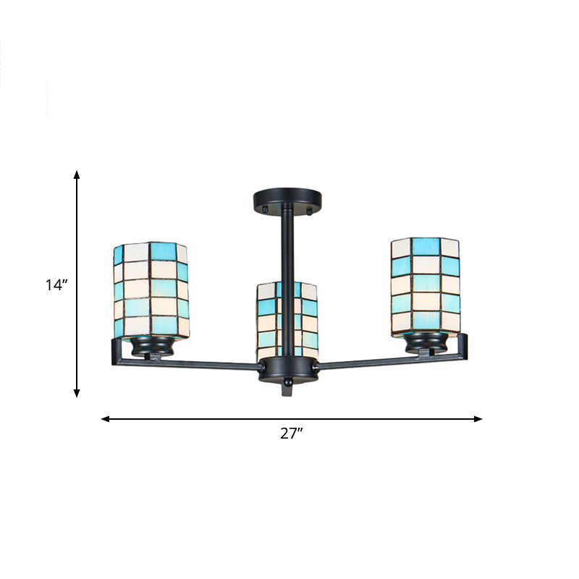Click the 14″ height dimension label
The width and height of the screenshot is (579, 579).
click(x=56, y=285)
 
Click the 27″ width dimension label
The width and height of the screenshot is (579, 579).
click(x=291, y=434)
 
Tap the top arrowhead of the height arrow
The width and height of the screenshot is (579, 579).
click(x=77, y=174)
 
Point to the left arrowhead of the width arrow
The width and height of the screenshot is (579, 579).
click(x=105, y=418)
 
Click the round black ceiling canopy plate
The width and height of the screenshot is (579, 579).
click(x=287, y=198)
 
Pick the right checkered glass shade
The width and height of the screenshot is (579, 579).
click(x=426, y=285)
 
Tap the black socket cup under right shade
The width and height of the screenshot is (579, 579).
click(x=425, y=342)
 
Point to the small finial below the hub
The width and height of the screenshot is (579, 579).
click(x=287, y=389)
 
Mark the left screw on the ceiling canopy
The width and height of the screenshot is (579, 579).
click(x=266, y=211)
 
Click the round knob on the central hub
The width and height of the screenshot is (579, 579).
click(x=287, y=379)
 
